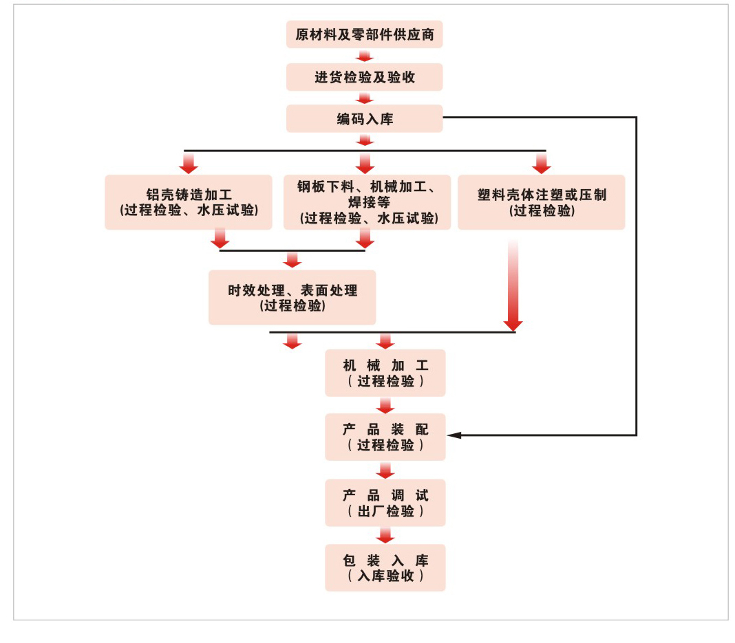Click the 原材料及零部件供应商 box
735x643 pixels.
[x=364, y=34]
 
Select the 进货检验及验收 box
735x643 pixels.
[x=364, y=77]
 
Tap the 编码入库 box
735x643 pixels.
[x=364, y=118]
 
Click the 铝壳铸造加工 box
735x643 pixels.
[x=189, y=202]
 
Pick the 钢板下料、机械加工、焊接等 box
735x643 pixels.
[x=367, y=202]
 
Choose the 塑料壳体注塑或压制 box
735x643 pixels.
[x=541, y=202]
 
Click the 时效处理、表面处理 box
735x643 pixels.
[x=292, y=297]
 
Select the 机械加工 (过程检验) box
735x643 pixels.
[x=385, y=373]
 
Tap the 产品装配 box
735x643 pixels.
[x=385, y=437]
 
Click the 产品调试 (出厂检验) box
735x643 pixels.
[x=385, y=503]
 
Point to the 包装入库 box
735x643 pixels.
[x=385, y=567]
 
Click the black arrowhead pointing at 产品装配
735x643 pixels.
[x=455, y=435]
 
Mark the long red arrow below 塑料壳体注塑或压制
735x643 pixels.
[x=513, y=285]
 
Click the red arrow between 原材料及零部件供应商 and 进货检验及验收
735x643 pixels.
[x=364, y=56]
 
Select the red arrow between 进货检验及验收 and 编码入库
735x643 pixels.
[x=364, y=98]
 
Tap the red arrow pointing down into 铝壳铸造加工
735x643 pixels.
[x=189, y=163]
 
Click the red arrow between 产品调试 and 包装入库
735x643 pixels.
[x=385, y=535]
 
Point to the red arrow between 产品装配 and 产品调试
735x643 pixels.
[x=385, y=470]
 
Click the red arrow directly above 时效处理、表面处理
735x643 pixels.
[x=292, y=259]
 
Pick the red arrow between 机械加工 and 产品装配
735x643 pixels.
[x=385, y=405]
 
